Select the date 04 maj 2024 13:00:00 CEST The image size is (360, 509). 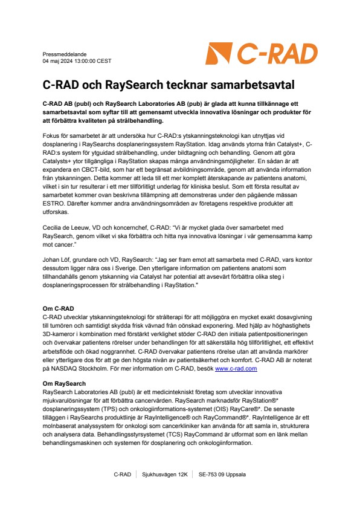77,61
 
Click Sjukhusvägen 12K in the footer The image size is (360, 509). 164,475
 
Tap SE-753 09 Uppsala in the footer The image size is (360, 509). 222,475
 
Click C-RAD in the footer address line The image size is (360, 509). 123,475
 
